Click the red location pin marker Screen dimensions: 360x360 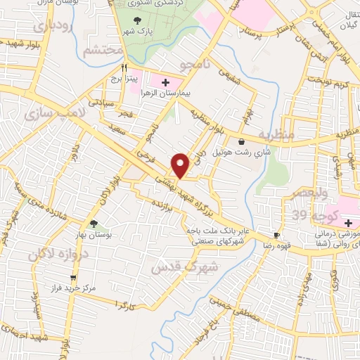tap(181, 165)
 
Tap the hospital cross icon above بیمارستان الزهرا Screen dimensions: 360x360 tap(165, 82)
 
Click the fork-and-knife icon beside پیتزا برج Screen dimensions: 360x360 tap(124, 68)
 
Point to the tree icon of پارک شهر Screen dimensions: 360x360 tap(137, 20)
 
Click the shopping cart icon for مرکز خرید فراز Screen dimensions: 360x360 tap(73, 278)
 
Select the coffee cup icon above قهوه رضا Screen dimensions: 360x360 tap(277, 235)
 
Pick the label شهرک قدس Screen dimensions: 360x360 tap(186, 267)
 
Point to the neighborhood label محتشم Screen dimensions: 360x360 tap(102, 51)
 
